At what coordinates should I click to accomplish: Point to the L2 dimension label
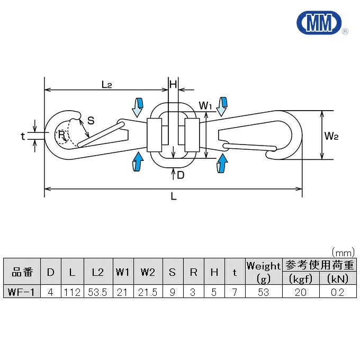pyautogui.click(x=106, y=84)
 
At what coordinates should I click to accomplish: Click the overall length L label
pyautogui.click(x=174, y=197)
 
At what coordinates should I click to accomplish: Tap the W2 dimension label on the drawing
pyautogui.click(x=331, y=136)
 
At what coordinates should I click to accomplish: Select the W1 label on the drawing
pyautogui.click(x=205, y=106)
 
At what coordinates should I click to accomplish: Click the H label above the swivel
pyautogui.click(x=172, y=84)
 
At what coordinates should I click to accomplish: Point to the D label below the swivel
pyautogui.click(x=181, y=175)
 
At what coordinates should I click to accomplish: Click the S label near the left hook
pyautogui.click(x=91, y=120)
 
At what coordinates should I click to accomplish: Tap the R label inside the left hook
pyautogui.click(x=61, y=135)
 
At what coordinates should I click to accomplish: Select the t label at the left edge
pyautogui.click(x=23, y=136)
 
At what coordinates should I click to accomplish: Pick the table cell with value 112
pyautogui.click(x=71, y=292)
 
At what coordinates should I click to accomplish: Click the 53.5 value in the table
pyautogui.click(x=97, y=292)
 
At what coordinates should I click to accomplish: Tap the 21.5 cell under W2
pyautogui.click(x=148, y=292)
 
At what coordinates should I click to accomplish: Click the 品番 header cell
pyautogui.click(x=22, y=272)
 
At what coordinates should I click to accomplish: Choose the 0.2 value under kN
pyautogui.click(x=337, y=292)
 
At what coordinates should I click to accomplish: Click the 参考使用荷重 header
pyautogui.click(x=319, y=265)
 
